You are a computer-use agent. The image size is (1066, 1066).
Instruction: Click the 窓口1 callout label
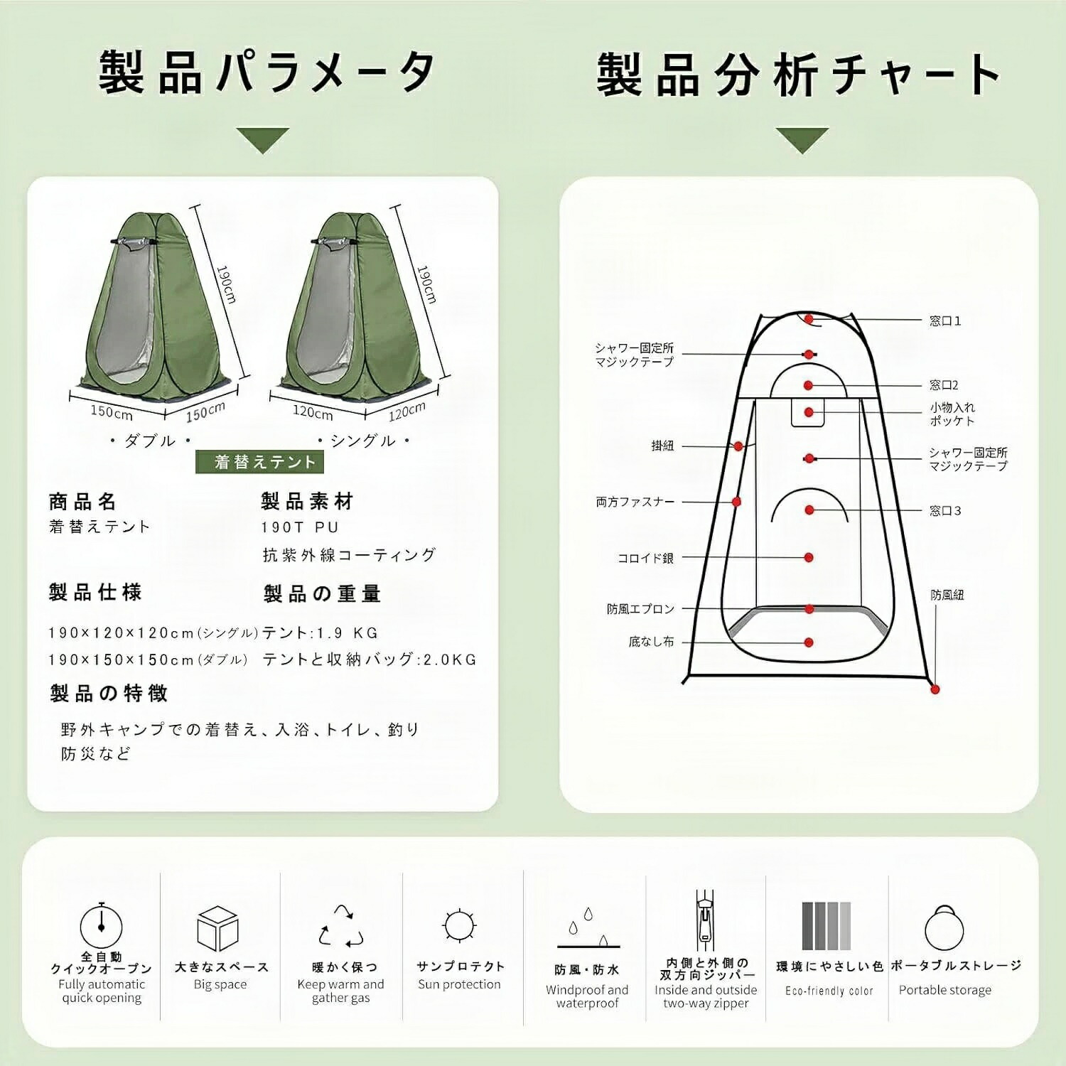945,321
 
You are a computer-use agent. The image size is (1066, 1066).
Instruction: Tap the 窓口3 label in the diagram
945,511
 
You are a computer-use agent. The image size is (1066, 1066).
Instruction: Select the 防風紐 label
947,595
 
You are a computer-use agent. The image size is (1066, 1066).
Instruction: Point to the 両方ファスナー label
635,502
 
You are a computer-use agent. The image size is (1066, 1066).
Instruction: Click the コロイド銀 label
645,559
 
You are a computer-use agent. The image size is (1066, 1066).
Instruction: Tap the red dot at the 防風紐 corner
935,689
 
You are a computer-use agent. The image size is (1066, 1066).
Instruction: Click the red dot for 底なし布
809,642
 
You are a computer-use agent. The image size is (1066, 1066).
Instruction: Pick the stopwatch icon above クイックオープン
101,925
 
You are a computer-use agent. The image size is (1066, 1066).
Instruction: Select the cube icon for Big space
217,928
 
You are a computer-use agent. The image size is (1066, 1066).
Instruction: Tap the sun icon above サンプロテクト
459,926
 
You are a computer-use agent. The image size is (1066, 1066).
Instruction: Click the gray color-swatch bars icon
826,926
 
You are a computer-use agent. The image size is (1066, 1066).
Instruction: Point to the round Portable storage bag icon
944,927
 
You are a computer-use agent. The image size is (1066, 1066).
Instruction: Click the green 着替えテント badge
259,462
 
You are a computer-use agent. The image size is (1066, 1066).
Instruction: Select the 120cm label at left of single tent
313,411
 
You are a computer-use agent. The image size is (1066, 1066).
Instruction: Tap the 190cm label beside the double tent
226,284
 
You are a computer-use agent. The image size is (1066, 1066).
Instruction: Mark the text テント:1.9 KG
321,632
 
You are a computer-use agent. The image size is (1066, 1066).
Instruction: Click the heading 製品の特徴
109,693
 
